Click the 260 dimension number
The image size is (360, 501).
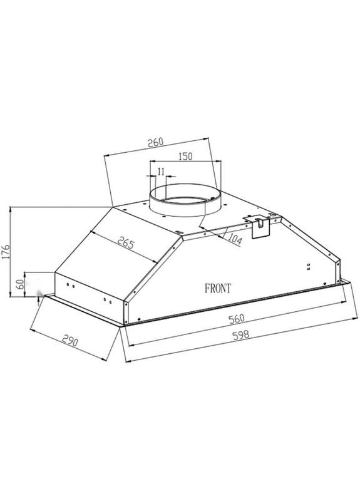coord(155,143)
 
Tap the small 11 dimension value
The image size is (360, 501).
coord(161,172)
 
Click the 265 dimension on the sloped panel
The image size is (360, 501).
coord(125,244)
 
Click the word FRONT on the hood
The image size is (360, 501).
coord(218,289)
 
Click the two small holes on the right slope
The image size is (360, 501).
coord(309,268)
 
